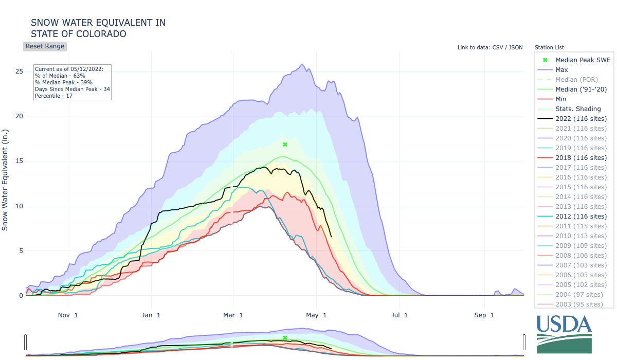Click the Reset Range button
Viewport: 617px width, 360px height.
click(45, 46)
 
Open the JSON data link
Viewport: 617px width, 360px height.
click(515, 47)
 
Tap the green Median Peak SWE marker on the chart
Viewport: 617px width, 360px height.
click(285, 145)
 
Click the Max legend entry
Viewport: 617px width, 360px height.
click(561, 70)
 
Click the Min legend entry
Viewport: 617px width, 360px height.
click(561, 99)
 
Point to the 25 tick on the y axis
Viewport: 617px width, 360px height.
click(19, 71)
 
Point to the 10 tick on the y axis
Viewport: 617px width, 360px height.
click(19, 206)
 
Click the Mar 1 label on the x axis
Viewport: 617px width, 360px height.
click(233, 315)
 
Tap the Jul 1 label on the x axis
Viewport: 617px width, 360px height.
click(399, 315)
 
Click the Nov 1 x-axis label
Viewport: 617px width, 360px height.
click(68, 315)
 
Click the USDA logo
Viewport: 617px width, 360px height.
click(564, 333)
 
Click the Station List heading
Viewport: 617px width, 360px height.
click(549, 47)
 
